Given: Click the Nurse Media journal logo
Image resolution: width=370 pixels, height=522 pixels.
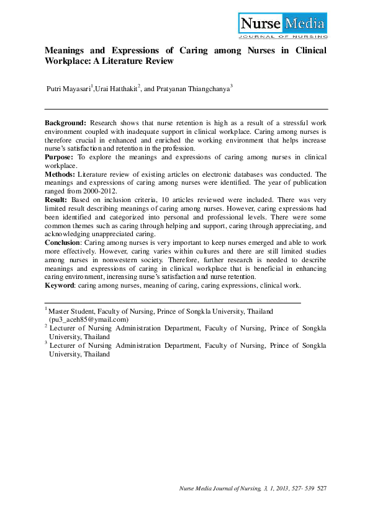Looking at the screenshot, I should tap(282, 25).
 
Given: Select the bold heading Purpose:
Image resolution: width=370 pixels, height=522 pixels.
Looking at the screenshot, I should tap(60, 157).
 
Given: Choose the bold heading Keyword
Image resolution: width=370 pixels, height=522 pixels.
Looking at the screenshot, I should tap(60, 285).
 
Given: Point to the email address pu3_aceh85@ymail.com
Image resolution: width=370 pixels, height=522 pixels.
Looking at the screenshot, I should tap(89, 319).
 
